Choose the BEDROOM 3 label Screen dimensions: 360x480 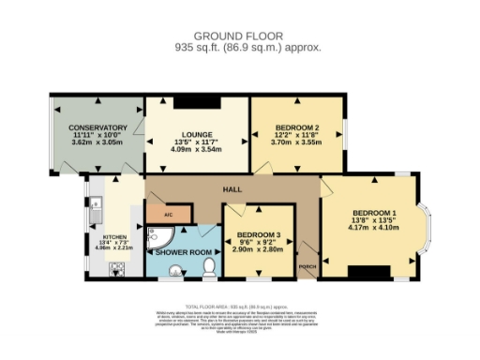(255, 235)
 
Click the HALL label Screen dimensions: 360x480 (230, 190)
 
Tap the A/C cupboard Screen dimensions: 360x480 (169, 214)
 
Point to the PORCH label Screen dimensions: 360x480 (306, 267)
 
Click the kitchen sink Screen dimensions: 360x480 (97, 201)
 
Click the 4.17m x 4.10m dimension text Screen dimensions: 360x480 (370, 225)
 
